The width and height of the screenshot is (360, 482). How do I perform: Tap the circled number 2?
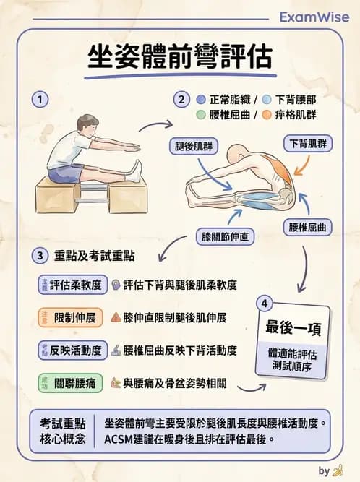pyautogui.click(x=181, y=99)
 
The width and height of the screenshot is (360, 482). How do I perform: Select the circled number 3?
pyautogui.click(x=42, y=256)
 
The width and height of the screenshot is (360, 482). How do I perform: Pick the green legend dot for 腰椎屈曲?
pyautogui.click(x=201, y=115)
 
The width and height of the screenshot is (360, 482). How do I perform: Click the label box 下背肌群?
pyautogui.click(x=308, y=143)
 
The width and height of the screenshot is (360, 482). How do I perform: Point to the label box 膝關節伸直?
pyautogui.click(x=226, y=236)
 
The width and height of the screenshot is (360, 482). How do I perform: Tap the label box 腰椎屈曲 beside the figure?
pyautogui.click(x=307, y=227)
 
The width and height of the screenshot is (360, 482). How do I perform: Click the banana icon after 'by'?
pyautogui.click(x=338, y=471)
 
